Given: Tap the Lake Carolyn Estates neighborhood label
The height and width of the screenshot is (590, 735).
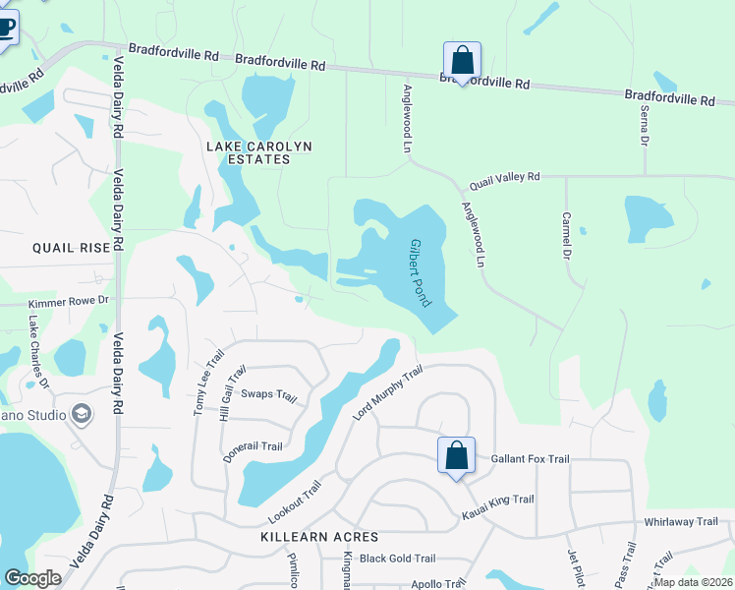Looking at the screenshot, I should (x=259, y=152).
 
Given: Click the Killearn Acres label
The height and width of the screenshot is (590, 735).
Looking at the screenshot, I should (x=319, y=537).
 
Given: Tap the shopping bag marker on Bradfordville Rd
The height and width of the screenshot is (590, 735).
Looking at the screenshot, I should (x=462, y=61).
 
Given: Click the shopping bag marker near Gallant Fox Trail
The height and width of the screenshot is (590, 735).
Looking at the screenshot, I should (x=456, y=456).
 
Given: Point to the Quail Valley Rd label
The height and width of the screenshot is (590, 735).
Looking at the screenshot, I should (x=505, y=177).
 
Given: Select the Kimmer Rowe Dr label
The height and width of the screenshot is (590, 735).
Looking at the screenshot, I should (x=66, y=305).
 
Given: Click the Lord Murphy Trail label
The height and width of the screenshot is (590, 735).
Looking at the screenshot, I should (x=387, y=393).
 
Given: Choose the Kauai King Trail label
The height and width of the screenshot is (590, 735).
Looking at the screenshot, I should (x=497, y=500).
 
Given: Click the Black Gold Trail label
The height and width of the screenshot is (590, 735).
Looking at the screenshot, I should (x=397, y=559).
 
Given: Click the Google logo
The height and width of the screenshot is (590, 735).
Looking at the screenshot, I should (x=33, y=577).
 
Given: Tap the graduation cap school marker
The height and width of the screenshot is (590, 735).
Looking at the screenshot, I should (x=82, y=414).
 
